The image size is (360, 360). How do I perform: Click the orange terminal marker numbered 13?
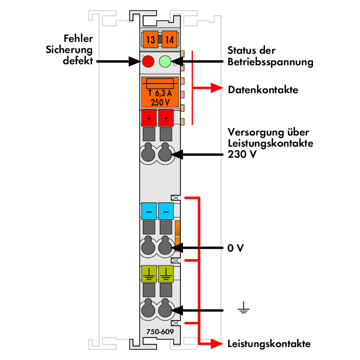[150, 40]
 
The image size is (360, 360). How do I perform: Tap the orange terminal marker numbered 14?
[168, 40]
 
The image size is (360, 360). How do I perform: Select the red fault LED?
[148, 61]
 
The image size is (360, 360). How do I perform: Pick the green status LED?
[165, 61]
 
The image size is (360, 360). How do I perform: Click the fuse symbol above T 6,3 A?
[160, 82]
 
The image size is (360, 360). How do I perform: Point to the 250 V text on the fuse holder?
[160, 101]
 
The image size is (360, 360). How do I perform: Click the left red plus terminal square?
[149, 118]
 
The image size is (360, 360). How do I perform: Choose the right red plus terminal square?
[166, 118]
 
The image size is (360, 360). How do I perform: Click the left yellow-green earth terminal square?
[149, 274]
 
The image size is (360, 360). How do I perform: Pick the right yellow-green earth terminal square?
[166, 274]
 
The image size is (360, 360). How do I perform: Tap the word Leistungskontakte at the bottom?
[268, 344]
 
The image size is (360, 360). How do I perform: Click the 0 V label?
[236, 249]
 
